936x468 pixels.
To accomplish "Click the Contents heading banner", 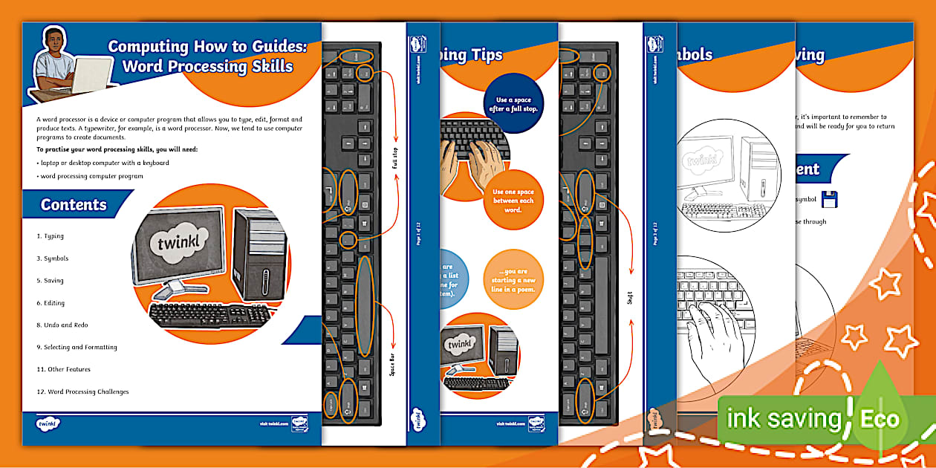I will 74,205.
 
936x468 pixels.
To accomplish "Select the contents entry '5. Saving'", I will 51,281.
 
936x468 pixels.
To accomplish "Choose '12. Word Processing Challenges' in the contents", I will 82,391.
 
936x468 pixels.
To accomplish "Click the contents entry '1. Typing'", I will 51,236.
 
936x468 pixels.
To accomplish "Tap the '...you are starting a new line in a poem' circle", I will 513,279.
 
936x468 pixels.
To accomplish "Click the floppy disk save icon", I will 828,199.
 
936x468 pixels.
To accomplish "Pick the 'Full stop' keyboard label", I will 395,159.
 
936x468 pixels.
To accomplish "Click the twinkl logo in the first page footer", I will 48,423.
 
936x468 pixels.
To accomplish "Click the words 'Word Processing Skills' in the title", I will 207,67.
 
